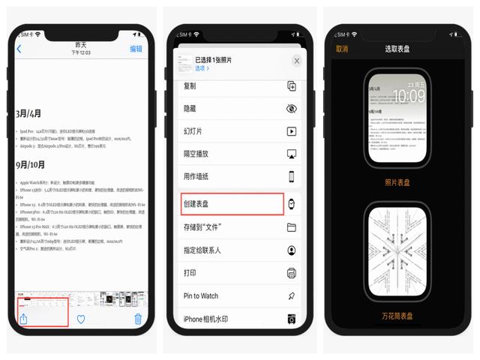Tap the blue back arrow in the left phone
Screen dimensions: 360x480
tap(19, 49)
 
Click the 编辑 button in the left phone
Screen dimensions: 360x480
tap(136, 49)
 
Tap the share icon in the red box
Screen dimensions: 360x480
tap(23, 318)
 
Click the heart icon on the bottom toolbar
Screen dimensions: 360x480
tap(81, 319)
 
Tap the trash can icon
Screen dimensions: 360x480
tap(138, 319)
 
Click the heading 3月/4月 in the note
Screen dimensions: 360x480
tap(29, 114)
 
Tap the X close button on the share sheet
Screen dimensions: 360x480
tap(297, 61)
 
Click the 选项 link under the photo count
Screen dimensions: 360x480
tap(202, 68)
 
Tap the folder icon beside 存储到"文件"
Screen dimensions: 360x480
tap(292, 227)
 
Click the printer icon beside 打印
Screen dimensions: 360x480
tap(292, 273)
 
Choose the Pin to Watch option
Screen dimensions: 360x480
tap(206, 296)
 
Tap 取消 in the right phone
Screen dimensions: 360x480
tap(342, 49)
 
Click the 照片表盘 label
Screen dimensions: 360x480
tap(397, 182)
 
